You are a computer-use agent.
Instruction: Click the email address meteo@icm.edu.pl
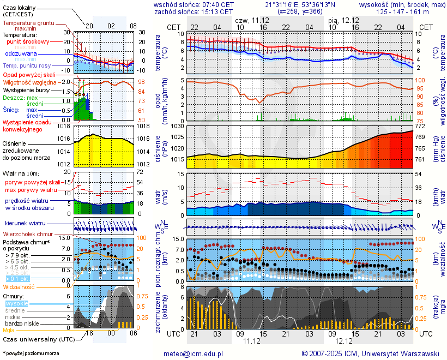[194, 353]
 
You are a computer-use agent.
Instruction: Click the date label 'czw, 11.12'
[251, 20]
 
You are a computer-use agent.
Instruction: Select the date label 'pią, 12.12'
[344, 20]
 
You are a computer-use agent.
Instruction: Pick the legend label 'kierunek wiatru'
[25, 224]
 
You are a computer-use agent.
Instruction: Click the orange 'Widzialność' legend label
[19, 286]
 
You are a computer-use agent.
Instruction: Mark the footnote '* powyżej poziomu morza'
[31, 353]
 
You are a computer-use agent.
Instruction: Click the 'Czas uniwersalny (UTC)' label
[37, 339]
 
